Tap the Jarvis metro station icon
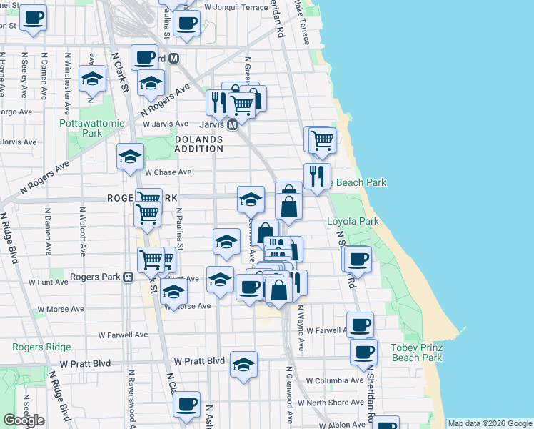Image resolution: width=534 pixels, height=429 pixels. pyautogui.click(x=232, y=125)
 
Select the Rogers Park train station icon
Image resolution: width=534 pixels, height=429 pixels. pyautogui.click(x=128, y=277)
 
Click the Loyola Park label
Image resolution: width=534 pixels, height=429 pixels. pyautogui.click(x=353, y=222)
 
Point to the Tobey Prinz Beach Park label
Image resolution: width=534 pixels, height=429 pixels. pyautogui.click(x=417, y=352)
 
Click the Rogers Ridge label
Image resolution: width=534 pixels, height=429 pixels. pyautogui.click(x=41, y=347)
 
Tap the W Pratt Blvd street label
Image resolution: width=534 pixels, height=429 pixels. pyautogui.click(x=195, y=360)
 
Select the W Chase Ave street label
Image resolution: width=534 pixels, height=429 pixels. pyautogui.click(x=168, y=172)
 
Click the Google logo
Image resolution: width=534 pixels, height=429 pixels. pyautogui.click(x=24, y=420)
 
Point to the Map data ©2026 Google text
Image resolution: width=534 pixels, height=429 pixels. pyautogui.click(x=489, y=423)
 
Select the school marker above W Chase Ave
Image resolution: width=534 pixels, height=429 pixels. pyautogui.click(x=130, y=156)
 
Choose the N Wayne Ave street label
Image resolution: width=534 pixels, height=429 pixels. pyautogui.click(x=301, y=328)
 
